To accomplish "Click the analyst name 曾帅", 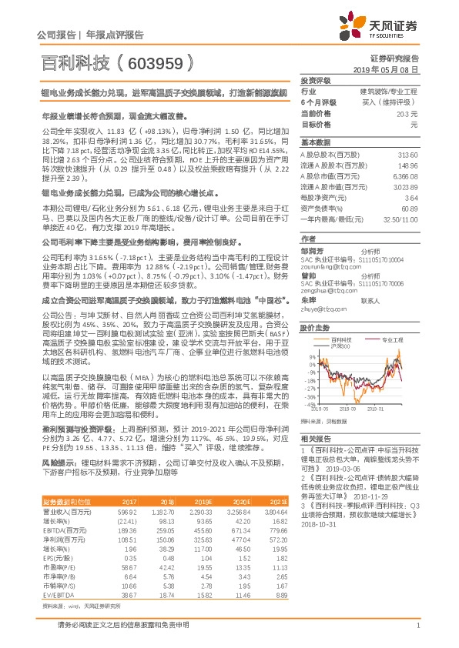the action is tap(309, 275).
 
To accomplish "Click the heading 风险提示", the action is tap(59, 463).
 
